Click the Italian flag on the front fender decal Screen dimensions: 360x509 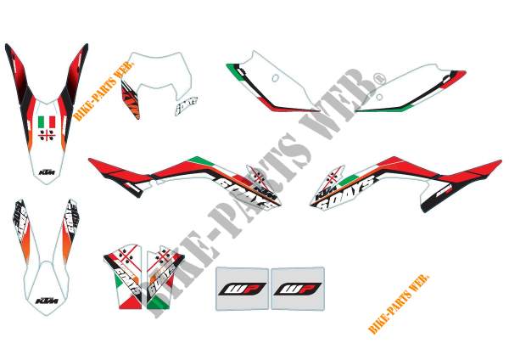[48, 122]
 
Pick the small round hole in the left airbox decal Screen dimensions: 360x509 [275, 77]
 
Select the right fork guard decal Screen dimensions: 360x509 [162, 269]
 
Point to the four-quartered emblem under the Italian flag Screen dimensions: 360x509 [48, 137]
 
